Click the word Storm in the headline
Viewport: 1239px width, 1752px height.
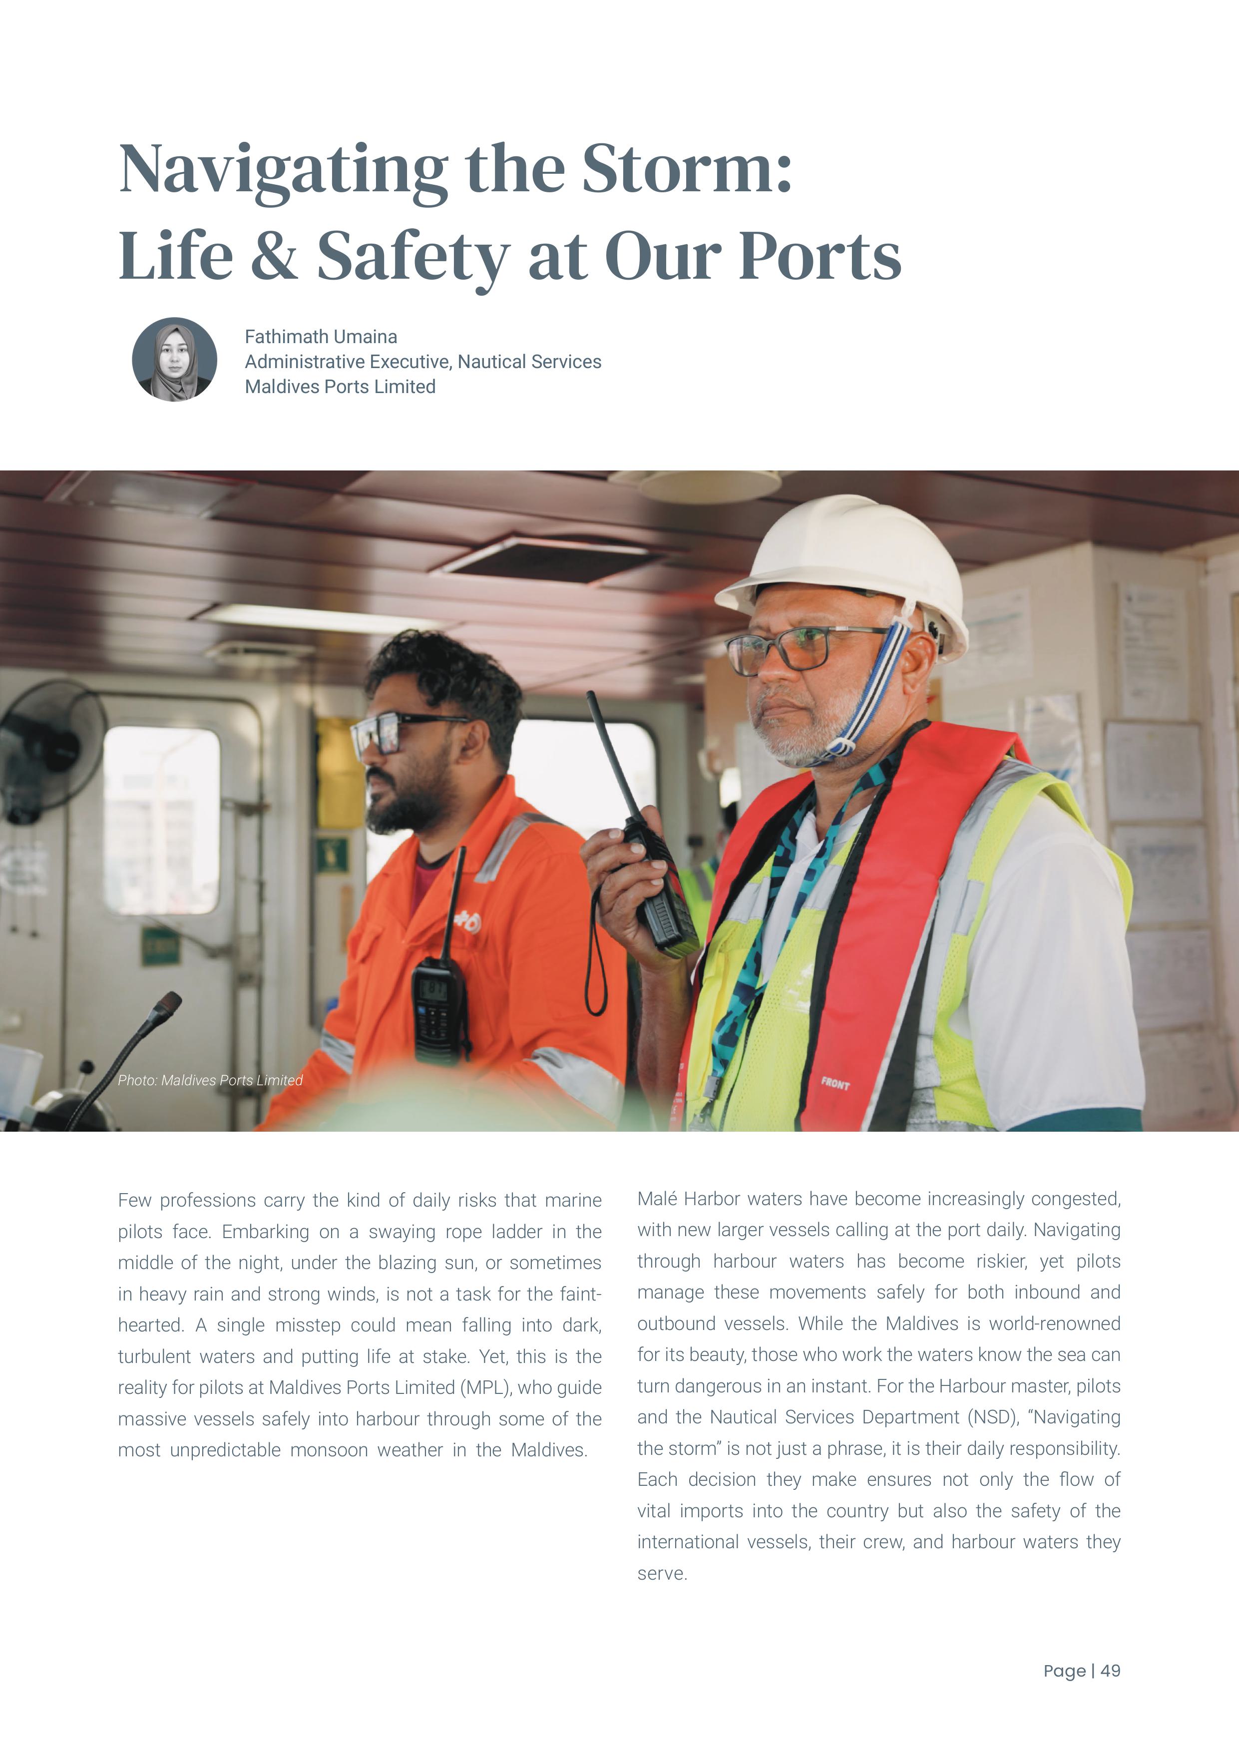click(687, 169)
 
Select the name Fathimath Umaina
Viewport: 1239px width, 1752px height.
click(321, 337)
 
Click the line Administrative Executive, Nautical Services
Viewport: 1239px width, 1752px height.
click(422, 362)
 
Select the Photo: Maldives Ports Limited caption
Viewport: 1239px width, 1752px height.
click(210, 1080)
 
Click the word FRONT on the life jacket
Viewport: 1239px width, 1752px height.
click(835, 1084)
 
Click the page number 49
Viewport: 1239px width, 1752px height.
click(1110, 1671)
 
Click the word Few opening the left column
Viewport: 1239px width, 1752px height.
click(134, 1200)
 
